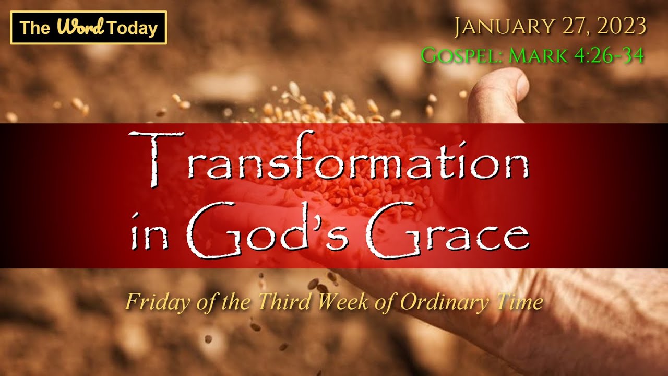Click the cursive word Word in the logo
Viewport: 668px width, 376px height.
click(81, 27)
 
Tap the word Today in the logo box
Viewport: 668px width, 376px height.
click(133, 29)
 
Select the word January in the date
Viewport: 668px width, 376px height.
click(504, 27)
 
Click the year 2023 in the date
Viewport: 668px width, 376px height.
click(621, 26)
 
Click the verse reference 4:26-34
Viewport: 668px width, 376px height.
click(609, 55)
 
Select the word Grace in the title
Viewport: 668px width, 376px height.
click(448, 230)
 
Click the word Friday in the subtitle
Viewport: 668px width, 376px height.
click(158, 302)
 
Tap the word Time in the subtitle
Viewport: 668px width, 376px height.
click(519, 302)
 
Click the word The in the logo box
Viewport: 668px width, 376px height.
click(34, 28)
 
